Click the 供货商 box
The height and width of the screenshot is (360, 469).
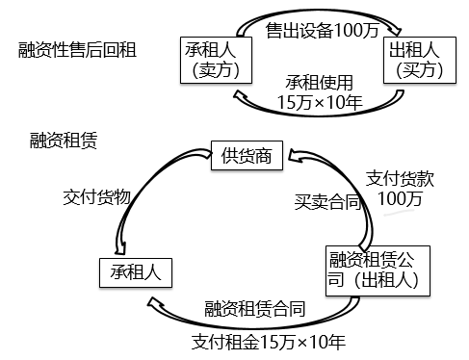[x=249, y=155]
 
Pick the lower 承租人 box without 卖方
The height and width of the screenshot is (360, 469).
[x=135, y=272]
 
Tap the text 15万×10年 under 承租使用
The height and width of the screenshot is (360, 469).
[x=319, y=101]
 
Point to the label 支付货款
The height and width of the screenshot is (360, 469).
[x=397, y=178]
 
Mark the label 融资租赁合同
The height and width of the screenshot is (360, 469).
[x=255, y=308]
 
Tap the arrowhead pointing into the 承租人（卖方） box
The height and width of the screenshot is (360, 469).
[x=237, y=94]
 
